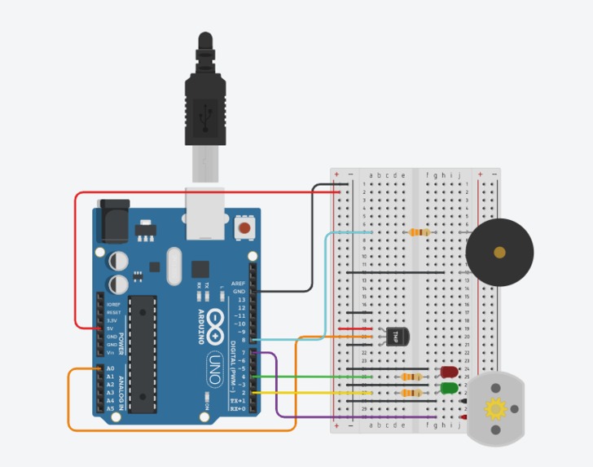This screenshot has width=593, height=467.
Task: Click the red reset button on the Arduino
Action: [x=243, y=227]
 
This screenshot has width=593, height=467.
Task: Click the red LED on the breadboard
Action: [x=448, y=372]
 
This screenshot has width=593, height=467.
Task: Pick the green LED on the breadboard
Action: [x=448, y=388]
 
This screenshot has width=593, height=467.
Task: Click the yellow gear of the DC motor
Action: [x=495, y=408]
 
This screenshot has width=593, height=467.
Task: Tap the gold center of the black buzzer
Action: [x=499, y=252]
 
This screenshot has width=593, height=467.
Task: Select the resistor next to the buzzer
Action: [x=419, y=232]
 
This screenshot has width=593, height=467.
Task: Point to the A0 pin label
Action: [x=110, y=368]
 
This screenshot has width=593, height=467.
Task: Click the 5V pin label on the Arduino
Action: [x=110, y=328]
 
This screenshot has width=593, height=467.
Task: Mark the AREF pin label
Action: [x=238, y=283]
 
